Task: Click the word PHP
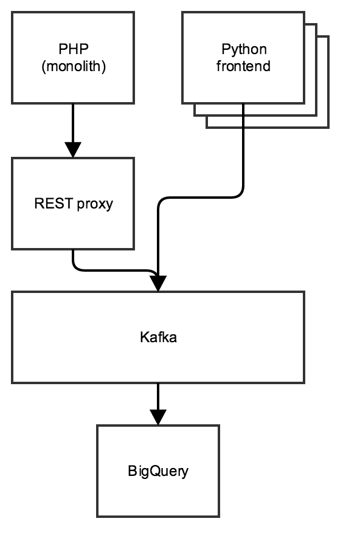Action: point(73,49)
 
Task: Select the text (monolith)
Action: point(73,66)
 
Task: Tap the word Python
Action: point(243,49)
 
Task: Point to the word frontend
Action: point(243,66)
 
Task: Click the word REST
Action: point(54,204)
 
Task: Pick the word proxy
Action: point(95,204)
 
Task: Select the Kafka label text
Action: point(158,337)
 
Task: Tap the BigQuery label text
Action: point(158,471)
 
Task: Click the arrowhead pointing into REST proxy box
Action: point(73,150)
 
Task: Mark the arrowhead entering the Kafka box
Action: point(158,283)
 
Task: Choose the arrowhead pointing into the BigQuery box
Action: point(158,417)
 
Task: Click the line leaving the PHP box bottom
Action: point(73,122)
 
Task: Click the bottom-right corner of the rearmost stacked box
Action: point(328,128)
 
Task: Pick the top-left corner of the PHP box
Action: point(13,13)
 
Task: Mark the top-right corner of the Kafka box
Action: point(303,292)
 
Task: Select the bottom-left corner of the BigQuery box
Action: point(98,516)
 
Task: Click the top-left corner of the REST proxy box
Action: point(13,159)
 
